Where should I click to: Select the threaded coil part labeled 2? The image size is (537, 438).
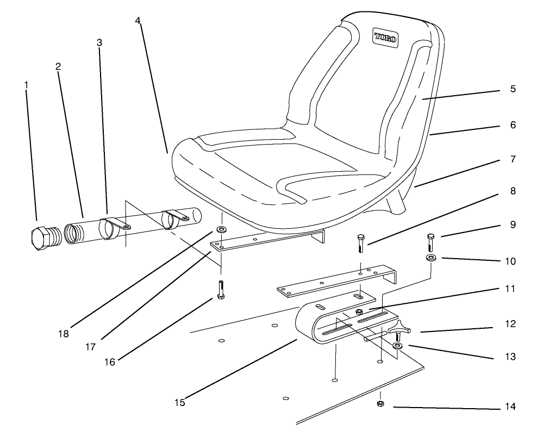click(75, 231)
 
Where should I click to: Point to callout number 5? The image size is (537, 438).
click(513, 89)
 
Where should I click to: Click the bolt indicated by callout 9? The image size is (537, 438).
click(430, 242)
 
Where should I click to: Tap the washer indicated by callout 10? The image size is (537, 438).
click(430, 258)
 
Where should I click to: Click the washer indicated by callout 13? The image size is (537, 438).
click(398, 346)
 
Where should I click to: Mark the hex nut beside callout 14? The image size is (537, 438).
click(381, 404)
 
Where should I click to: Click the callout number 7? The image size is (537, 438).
click(513, 160)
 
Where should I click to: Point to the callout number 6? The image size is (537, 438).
click(513, 124)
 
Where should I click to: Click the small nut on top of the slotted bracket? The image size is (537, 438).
click(359, 311)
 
